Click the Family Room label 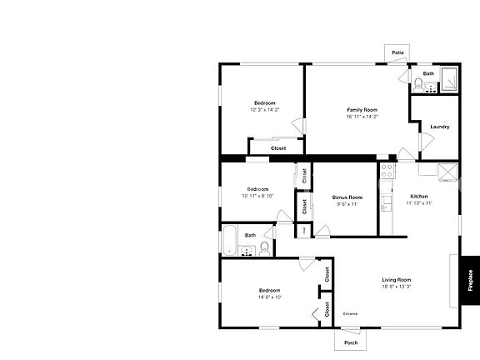click(x=362, y=109)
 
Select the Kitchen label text click(x=418, y=196)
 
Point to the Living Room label click(x=397, y=279)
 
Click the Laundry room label click(x=440, y=127)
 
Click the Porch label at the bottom click(x=351, y=342)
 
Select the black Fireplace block click(x=470, y=279)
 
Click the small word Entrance click(x=351, y=313)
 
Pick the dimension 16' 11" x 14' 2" click(x=362, y=117)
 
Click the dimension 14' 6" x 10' click(x=270, y=297)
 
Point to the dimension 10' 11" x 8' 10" click(x=257, y=196)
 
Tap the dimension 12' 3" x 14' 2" click(x=264, y=110)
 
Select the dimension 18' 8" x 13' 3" click(x=397, y=287)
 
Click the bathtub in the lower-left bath click(x=229, y=241)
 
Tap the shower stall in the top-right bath click(x=449, y=77)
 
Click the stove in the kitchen click(x=387, y=172)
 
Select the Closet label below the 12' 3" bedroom click(x=278, y=148)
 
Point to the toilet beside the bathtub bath click(x=265, y=247)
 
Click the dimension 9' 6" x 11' click(x=347, y=203)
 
